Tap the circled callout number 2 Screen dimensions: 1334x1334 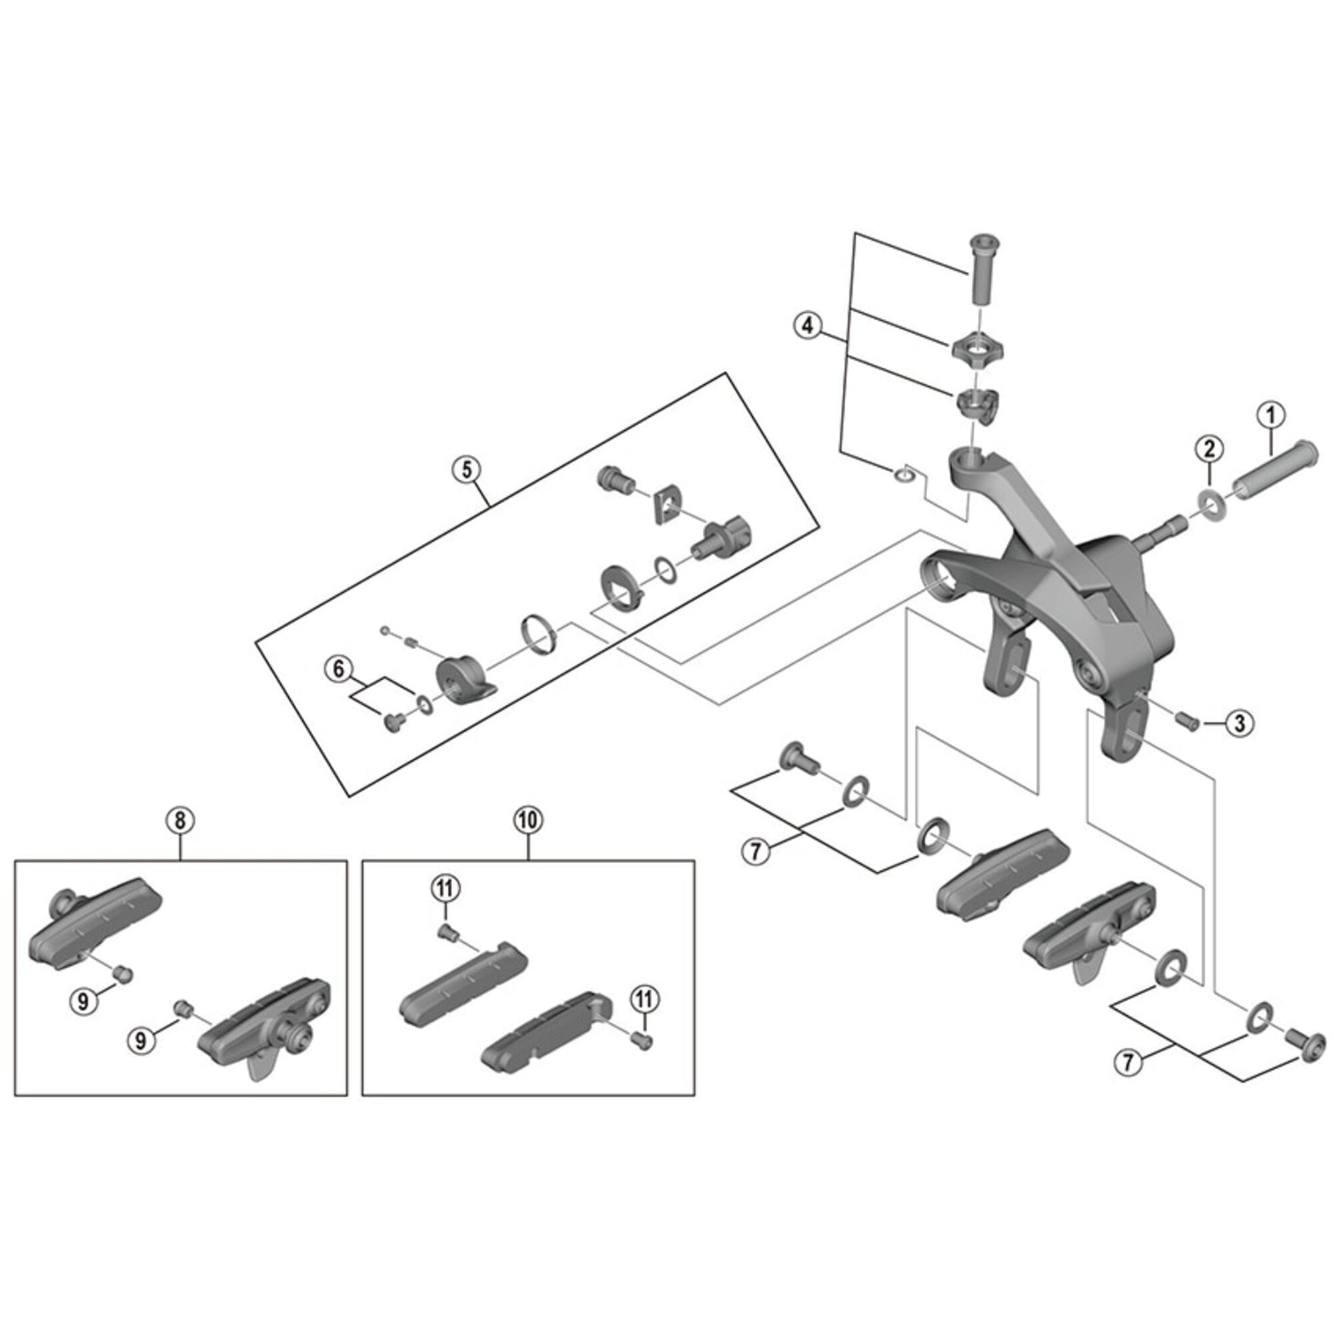(1209, 449)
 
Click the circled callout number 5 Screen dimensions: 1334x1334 (466, 470)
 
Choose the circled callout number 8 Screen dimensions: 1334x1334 (179, 820)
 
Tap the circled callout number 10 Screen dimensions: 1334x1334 (528, 820)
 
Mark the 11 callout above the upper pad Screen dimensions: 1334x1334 (446, 888)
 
